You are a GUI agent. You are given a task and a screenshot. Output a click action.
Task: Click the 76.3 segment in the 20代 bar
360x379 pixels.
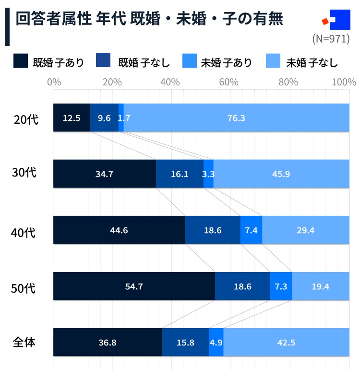(x=236, y=118)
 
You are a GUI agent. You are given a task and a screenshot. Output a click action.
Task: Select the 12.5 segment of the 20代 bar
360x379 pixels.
(x=72, y=118)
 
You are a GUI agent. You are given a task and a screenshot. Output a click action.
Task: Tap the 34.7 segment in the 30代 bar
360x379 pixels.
(x=104, y=174)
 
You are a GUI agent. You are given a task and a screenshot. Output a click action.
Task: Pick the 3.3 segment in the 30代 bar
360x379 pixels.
(x=208, y=174)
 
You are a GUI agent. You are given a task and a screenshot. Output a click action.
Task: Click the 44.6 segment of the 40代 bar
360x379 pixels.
(x=119, y=230)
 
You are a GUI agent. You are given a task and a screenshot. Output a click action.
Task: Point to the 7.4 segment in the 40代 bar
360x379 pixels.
(x=251, y=230)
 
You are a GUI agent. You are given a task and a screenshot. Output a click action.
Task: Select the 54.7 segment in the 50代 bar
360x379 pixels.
(x=134, y=286)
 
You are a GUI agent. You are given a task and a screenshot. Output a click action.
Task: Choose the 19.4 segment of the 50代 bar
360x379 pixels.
(x=321, y=286)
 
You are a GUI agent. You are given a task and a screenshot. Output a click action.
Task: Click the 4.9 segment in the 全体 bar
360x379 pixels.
(x=216, y=343)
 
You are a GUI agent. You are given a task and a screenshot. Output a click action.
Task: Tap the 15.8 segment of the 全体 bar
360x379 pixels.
(x=185, y=343)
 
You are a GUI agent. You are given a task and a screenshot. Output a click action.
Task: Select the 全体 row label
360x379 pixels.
(x=24, y=343)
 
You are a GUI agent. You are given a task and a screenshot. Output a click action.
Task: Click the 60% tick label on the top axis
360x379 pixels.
(x=229, y=82)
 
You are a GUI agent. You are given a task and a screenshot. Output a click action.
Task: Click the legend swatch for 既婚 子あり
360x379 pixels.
(x=21, y=61)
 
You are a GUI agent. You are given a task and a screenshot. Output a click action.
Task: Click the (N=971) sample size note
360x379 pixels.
(x=331, y=39)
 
